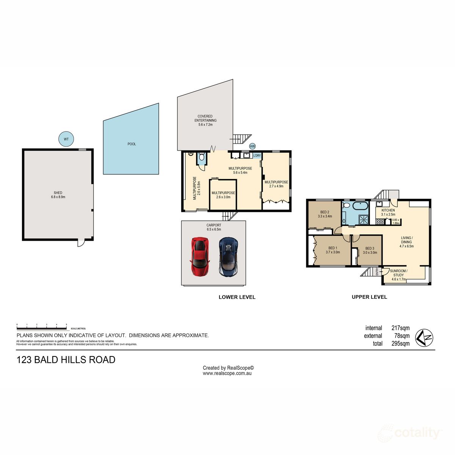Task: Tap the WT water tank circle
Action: (x=66, y=139)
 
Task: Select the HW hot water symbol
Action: (x=253, y=146)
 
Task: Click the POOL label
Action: (x=132, y=144)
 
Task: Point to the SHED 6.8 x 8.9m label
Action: (x=58, y=195)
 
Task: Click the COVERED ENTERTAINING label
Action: (x=205, y=120)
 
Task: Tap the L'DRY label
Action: (x=257, y=155)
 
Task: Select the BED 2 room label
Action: (x=325, y=214)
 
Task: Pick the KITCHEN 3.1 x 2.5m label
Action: (x=388, y=212)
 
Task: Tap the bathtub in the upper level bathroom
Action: (x=360, y=207)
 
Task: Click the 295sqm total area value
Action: (x=400, y=344)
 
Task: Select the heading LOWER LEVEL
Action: (x=237, y=297)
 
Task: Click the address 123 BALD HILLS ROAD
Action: (x=66, y=360)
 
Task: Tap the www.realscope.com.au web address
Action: (x=227, y=373)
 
